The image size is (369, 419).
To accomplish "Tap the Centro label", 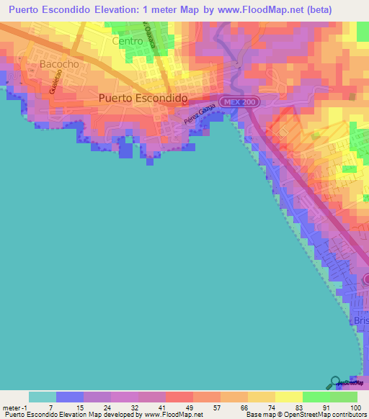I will [x=129, y=41].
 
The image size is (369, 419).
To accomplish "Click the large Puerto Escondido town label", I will [x=143, y=98].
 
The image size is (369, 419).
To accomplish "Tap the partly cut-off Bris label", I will [x=361, y=320].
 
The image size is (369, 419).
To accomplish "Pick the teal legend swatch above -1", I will [x=42, y=397].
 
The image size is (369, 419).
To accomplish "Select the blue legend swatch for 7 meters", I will [x=69, y=397].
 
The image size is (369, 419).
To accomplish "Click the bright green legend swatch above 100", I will [x=344, y=397].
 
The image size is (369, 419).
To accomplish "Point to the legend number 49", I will [x=180, y=407].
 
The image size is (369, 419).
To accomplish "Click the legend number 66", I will [x=234, y=407].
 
